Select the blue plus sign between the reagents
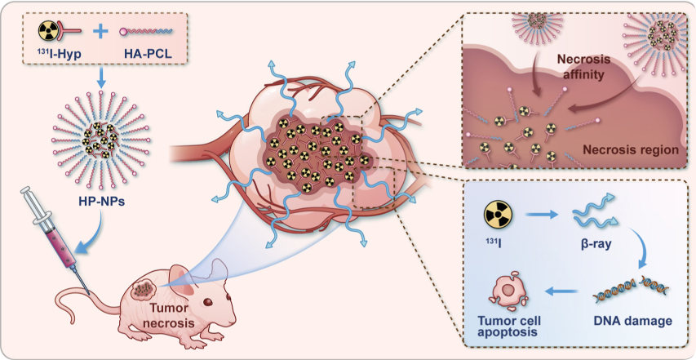click(100, 33)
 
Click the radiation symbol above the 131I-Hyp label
click(48, 33)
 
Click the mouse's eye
click(206, 301)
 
